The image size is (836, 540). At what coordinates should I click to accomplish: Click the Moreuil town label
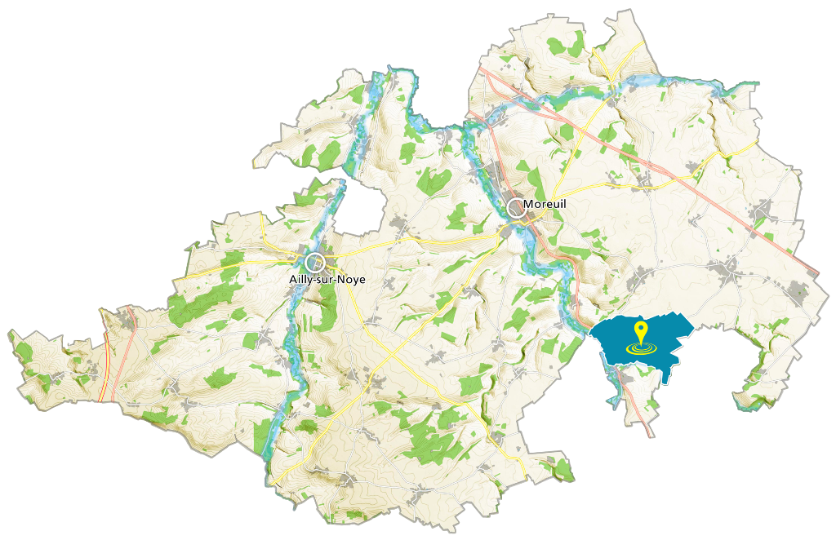click(545, 204)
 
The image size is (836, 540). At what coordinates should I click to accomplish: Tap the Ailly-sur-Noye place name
click(327, 279)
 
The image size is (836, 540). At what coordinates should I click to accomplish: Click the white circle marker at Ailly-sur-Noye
click(315, 263)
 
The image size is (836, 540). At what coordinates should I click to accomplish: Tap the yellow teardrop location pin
click(641, 331)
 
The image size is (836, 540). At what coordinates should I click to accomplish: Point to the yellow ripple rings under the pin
click(641, 349)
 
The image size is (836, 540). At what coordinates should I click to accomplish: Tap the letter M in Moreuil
click(528, 204)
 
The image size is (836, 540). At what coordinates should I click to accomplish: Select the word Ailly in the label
click(301, 279)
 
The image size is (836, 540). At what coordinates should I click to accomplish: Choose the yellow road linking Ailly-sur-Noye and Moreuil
click(408, 241)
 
